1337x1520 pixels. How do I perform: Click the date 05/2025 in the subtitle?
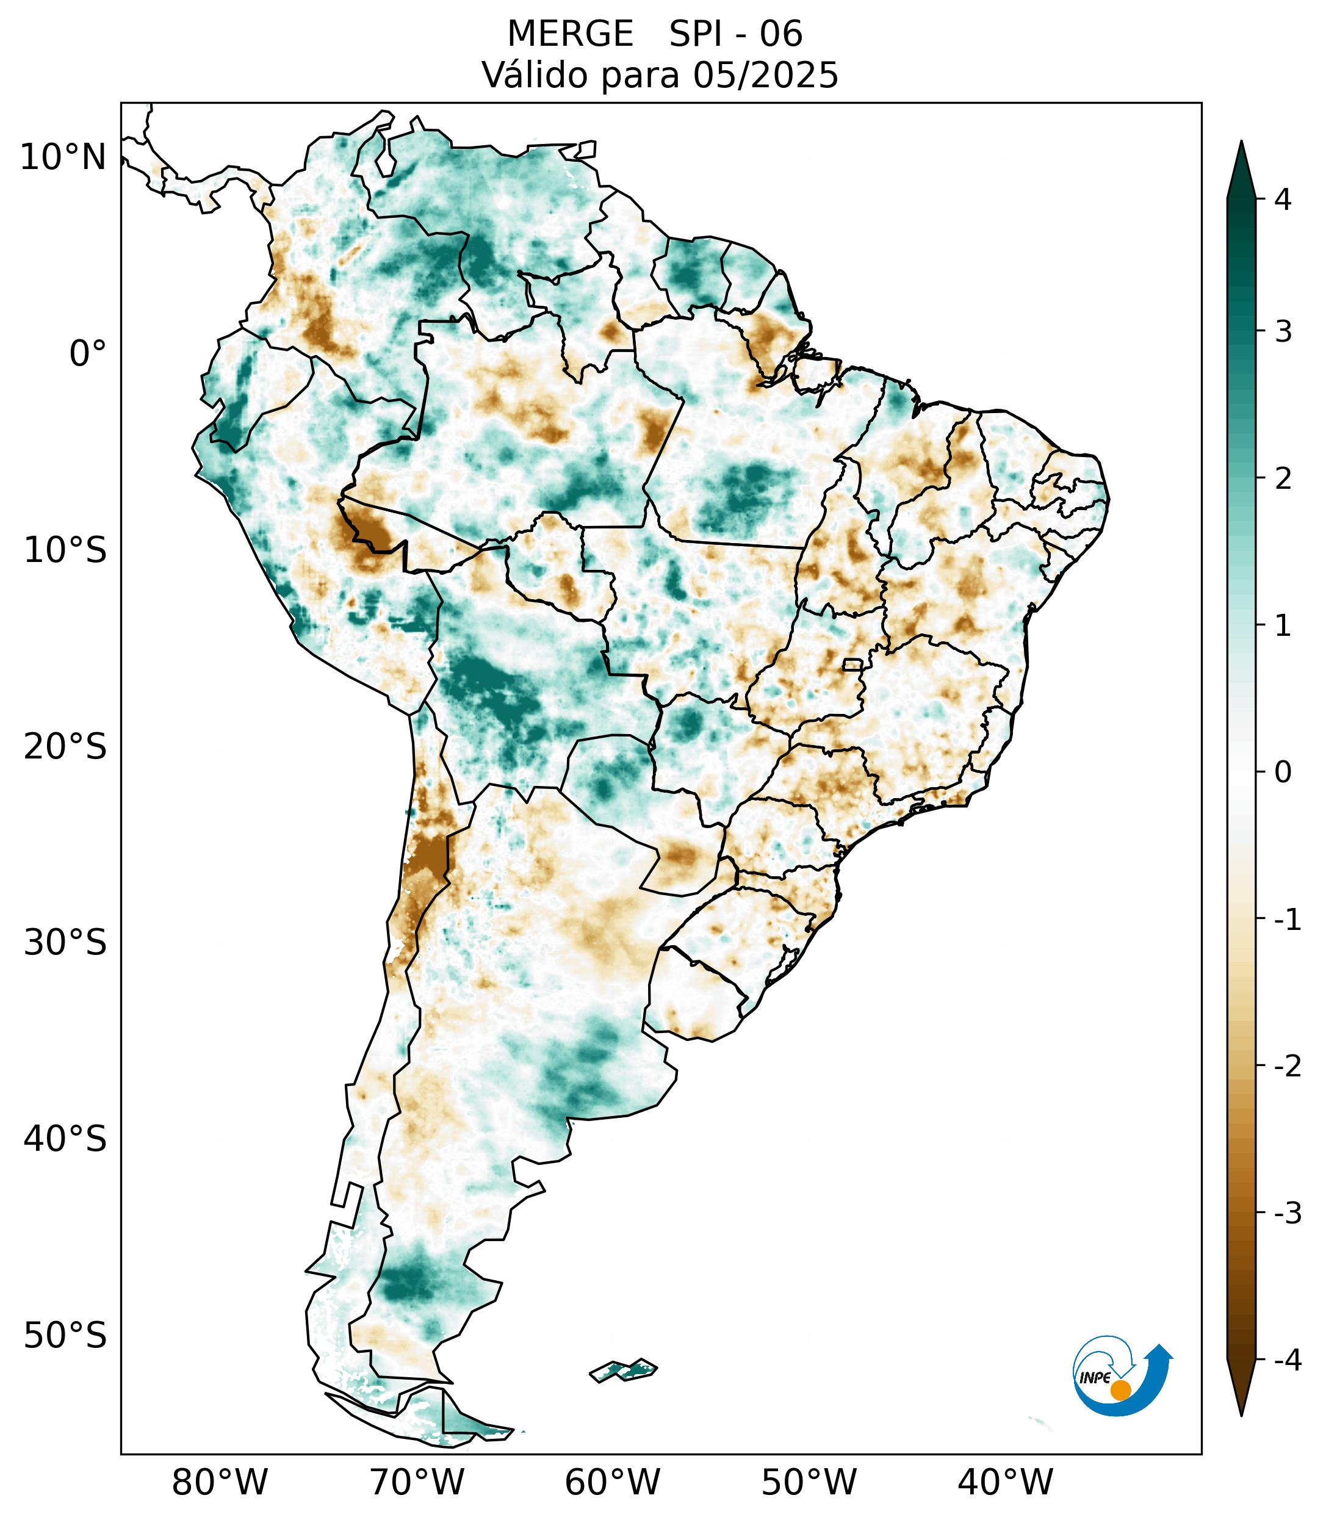click(765, 75)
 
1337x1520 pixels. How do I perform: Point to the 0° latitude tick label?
click(88, 354)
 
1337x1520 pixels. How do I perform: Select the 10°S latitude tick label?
click(65, 550)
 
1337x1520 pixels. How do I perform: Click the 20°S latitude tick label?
click(65, 747)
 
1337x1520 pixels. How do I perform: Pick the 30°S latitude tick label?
click(65, 943)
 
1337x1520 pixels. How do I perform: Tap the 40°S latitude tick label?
click(65, 1139)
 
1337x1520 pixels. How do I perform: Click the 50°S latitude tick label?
click(65, 1336)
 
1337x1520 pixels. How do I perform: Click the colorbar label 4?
click(1283, 200)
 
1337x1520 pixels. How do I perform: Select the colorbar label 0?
click(1283, 773)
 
